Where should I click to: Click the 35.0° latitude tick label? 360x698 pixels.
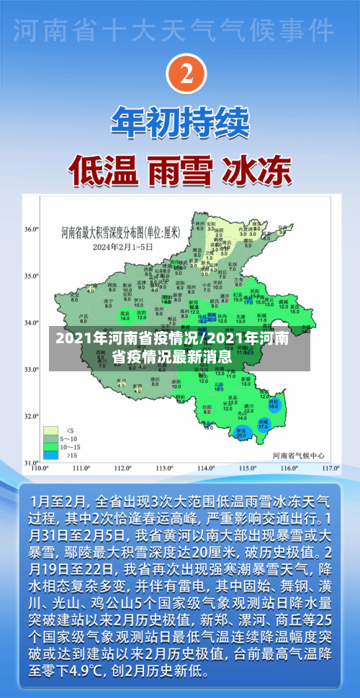coord(31,276)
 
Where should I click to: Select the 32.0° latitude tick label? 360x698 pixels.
coord(31,416)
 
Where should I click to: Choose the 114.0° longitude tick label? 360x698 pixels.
coord(207,468)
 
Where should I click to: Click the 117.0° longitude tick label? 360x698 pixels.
coord(330,468)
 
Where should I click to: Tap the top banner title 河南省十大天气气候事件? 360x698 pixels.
coord(180,30)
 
